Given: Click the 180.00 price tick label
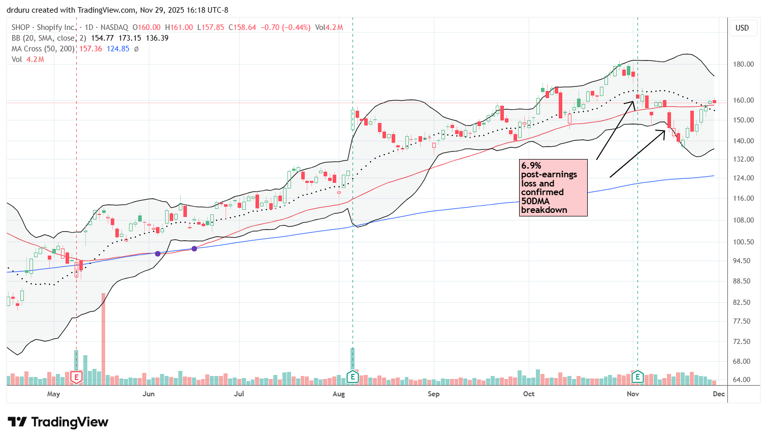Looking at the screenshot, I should click(x=743, y=64).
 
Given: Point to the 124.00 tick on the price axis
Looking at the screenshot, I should click(x=743, y=178).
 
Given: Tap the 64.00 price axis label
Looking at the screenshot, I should click(x=743, y=380).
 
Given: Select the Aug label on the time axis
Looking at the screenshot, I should click(x=339, y=394).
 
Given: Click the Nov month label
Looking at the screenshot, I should click(x=633, y=394).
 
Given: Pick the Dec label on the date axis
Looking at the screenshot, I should click(x=718, y=394).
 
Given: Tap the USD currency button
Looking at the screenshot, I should click(x=742, y=28).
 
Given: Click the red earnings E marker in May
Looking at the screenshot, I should click(x=76, y=377).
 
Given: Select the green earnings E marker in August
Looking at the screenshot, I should click(x=353, y=377).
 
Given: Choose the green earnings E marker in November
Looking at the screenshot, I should click(x=637, y=377).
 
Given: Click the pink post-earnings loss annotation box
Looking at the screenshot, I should click(x=553, y=187).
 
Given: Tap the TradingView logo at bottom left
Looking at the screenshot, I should click(x=58, y=422).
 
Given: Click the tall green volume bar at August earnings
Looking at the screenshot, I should click(x=352, y=358).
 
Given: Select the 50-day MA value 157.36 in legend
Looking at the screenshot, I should click(x=91, y=49).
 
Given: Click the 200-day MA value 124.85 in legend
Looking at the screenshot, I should click(x=118, y=49).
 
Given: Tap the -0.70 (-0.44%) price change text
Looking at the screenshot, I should click(x=285, y=27).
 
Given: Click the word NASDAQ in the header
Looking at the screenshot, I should click(x=114, y=27).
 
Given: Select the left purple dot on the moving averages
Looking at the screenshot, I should click(x=158, y=254).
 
